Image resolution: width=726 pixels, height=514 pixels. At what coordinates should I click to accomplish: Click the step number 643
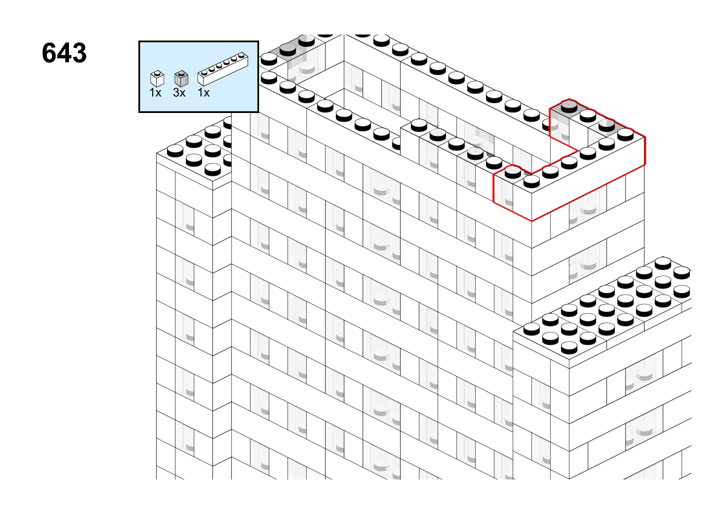tap(64, 53)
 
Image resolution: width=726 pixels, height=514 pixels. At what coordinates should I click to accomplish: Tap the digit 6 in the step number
tap(49, 53)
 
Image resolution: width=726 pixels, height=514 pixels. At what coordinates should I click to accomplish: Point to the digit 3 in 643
tap(79, 53)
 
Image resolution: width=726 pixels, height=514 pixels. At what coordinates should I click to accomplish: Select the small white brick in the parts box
tap(157, 79)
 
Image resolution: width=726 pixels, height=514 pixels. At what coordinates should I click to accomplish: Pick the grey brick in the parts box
tap(181, 79)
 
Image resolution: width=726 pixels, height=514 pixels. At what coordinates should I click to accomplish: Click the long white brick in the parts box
tap(223, 69)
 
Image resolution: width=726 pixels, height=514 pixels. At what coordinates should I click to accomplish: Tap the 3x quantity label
tap(179, 93)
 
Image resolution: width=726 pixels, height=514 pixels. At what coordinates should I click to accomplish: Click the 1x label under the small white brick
tap(155, 93)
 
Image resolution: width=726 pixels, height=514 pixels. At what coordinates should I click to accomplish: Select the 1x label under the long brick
tap(203, 93)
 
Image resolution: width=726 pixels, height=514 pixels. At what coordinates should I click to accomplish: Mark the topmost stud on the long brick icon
tap(241, 55)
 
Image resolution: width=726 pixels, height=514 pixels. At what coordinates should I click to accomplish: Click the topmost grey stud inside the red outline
tap(569, 106)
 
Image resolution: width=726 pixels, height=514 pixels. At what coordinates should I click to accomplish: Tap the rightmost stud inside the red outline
tap(626, 135)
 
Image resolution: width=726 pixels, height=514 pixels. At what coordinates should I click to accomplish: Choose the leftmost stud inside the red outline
tap(513, 172)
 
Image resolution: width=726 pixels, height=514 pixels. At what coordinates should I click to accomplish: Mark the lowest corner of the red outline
tap(532, 221)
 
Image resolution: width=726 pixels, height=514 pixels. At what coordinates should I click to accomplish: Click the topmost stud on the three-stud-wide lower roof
tap(663, 263)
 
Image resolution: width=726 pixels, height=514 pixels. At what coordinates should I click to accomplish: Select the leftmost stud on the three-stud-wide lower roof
tap(532, 329)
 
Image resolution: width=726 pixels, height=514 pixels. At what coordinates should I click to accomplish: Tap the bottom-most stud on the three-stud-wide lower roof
tap(569, 348)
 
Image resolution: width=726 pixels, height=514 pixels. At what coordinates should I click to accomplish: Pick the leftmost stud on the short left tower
tap(175, 150)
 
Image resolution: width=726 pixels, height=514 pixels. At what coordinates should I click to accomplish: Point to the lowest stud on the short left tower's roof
tap(213, 169)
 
